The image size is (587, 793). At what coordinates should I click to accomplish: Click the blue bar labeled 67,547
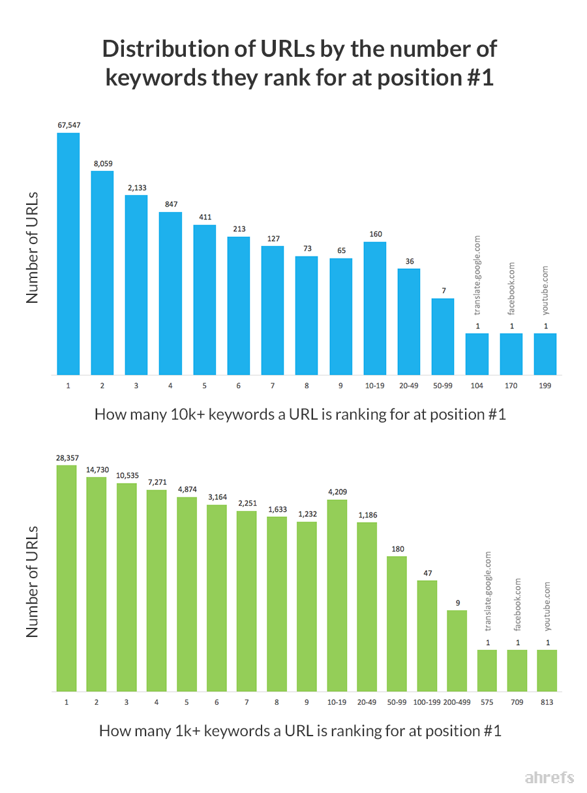[x=68, y=255]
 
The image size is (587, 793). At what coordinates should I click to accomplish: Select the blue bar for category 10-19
[x=374, y=308]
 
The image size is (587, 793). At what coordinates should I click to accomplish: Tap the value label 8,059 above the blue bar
[x=102, y=163]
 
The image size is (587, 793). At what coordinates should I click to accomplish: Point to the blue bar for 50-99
[x=443, y=336]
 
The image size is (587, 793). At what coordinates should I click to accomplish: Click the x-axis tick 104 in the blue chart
[x=477, y=386]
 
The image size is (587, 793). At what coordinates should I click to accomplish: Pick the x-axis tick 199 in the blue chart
[x=545, y=386]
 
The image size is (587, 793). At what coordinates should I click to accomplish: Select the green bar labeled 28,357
[x=67, y=578]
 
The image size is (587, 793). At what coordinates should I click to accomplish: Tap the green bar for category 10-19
[x=337, y=595]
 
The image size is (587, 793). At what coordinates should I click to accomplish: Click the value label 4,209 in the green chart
[x=337, y=492]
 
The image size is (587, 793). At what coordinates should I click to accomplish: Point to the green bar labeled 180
[x=397, y=623]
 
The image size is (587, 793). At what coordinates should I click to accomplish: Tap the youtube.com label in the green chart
[x=547, y=606]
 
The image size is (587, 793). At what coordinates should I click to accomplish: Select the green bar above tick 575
[x=487, y=670]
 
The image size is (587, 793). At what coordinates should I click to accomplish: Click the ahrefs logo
[x=549, y=777]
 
